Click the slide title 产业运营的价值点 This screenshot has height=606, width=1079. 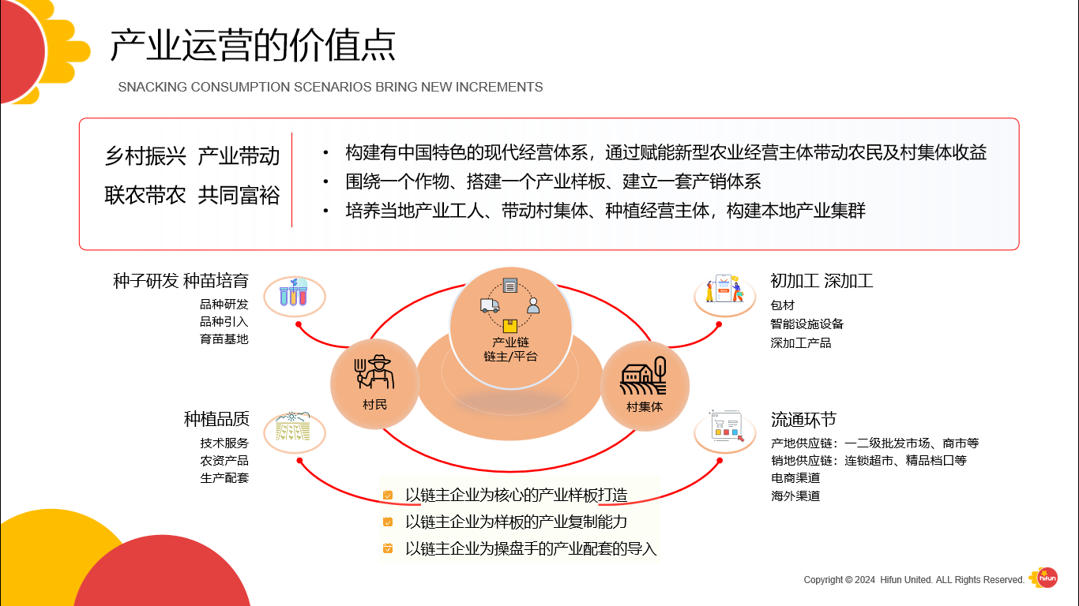[x=253, y=46]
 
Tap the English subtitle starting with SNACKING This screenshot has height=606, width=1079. [x=330, y=87]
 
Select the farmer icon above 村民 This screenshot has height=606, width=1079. [x=374, y=372]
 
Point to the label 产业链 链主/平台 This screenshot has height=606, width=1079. [x=510, y=349]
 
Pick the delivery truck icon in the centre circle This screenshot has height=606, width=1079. [x=489, y=305]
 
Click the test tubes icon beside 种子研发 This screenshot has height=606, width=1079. [x=293, y=296]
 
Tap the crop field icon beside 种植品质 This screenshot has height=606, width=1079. [x=293, y=428]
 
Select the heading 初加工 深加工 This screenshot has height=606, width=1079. [x=821, y=281]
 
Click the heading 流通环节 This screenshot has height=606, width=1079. [x=803, y=419]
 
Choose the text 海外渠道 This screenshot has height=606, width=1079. [x=795, y=496]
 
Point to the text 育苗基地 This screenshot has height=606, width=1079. [x=224, y=339]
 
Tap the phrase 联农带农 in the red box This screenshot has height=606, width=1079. [x=145, y=195]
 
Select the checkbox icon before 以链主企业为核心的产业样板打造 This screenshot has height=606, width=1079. [x=388, y=496]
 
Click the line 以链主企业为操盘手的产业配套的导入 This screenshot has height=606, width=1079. [x=531, y=548]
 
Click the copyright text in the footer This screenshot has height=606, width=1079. [x=914, y=580]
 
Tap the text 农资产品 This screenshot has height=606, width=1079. [x=224, y=460]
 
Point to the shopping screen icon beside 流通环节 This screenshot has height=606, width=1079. [x=725, y=428]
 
